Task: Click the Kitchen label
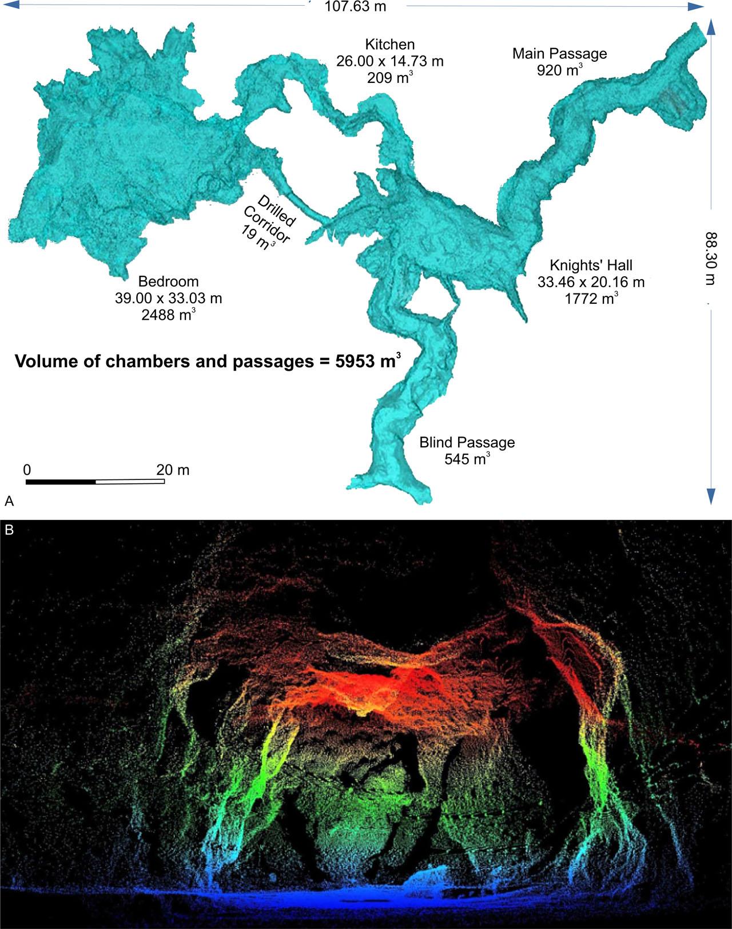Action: (390, 44)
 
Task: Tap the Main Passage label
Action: (559, 54)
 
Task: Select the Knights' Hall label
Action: (591, 265)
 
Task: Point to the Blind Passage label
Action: (467, 442)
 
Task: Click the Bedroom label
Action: (168, 281)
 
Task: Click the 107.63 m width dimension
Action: (355, 7)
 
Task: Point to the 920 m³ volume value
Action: (559, 70)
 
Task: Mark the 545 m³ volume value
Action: (467, 459)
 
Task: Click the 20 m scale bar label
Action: (173, 470)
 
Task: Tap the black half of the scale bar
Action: (61, 482)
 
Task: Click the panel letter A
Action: (9, 502)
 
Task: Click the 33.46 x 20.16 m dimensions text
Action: (591, 282)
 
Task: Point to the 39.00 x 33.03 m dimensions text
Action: (168, 298)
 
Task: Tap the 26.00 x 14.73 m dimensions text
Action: (390, 61)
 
